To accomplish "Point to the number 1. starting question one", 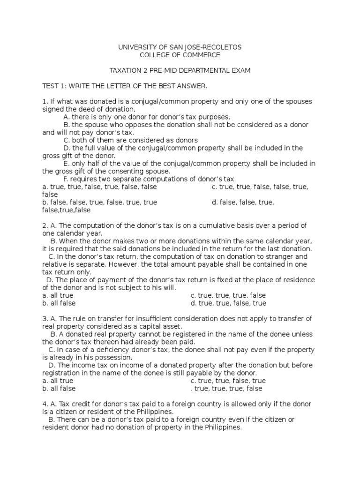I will pos(45,102).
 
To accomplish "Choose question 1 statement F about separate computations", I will pos(148,179).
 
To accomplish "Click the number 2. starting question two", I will pos(45,225).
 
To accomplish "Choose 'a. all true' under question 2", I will pos(58,295).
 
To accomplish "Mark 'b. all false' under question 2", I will pos(59,303).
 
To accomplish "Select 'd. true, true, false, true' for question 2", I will pos(228,303).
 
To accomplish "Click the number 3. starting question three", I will pos(45,319).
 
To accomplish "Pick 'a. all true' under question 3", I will pos(58,381).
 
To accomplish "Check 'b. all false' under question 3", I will pos(59,388).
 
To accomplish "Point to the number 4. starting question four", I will pos(45,404).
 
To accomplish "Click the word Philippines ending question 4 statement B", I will pos(222,427).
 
